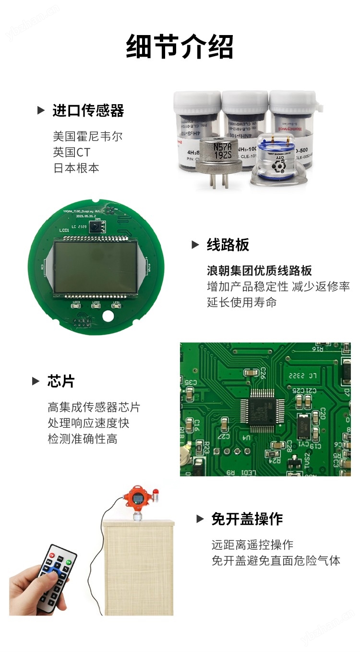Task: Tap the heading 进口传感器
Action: coord(88,111)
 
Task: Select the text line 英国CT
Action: coord(72,153)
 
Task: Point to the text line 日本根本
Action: coord(76,169)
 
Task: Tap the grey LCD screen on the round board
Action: coord(95,267)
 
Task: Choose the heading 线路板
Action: coord(228,245)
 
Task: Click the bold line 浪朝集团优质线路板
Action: coord(259,270)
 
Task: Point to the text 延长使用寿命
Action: coord(241,302)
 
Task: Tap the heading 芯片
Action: coord(61,382)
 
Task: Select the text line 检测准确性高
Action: coord(83,439)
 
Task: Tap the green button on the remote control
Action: coord(69,562)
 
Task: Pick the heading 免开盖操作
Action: coord(247,519)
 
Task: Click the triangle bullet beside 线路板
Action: coord(195,245)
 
